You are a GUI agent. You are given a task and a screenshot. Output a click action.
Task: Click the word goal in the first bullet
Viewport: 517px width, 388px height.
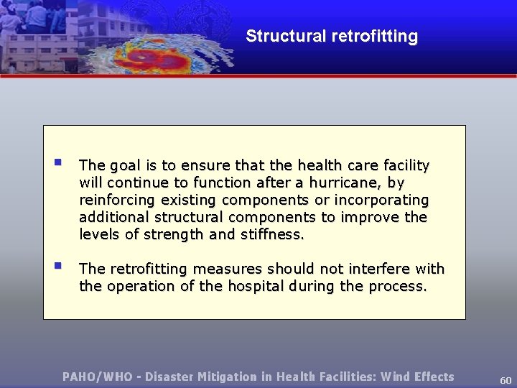point(126,166)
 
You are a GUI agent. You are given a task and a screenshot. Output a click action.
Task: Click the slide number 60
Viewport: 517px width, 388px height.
point(506,379)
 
